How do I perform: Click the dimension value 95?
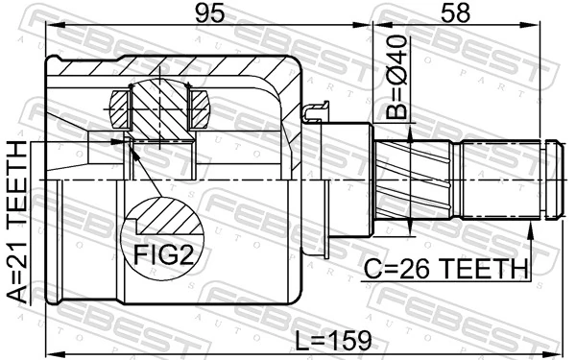[x=209, y=13]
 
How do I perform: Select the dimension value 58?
[x=455, y=13]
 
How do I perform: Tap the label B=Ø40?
[x=396, y=78]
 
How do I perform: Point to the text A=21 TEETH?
[x=17, y=223]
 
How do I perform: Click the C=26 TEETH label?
[x=446, y=269]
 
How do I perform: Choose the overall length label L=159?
[x=333, y=341]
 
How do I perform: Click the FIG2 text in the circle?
[x=163, y=254]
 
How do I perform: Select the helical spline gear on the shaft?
[x=413, y=180]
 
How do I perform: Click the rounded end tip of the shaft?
[x=555, y=180]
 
